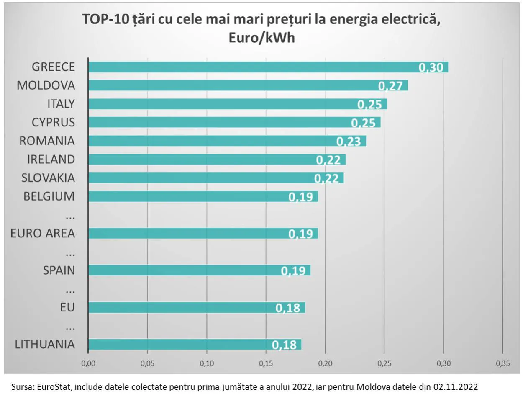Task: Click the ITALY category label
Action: tap(61, 104)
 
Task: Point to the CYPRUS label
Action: tap(53, 122)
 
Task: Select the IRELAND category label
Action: tap(51, 160)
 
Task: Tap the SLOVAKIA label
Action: tap(48, 178)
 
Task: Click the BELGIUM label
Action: tap(49, 196)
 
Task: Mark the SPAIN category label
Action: tap(59, 270)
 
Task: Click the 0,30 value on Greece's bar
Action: tap(431, 67)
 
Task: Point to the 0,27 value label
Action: tap(390, 86)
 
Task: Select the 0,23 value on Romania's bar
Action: tap(349, 142)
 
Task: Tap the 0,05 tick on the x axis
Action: tap(147, 363)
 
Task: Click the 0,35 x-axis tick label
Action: tap(503, 363)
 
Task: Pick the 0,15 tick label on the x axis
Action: tap(266, 363)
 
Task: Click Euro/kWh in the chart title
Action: tap(261, 38)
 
